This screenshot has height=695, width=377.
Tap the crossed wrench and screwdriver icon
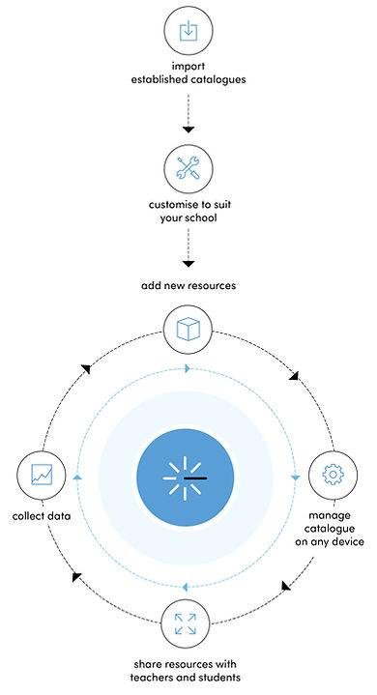coord(188,168)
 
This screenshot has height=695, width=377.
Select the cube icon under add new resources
coord(188,330)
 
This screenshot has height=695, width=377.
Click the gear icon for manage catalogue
coord(333,475)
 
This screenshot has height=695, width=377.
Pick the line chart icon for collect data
coord(42,475)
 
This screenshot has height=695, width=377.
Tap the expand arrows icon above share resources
coord(186,623)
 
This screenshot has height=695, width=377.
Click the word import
coord(188,67)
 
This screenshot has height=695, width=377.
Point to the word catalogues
coord(217,80)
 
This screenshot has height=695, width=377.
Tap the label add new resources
coord(188,285)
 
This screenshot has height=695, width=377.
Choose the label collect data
coord(42,516)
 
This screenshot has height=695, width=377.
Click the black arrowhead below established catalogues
coord(188,130)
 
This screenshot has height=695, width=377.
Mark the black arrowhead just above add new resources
coord(188,264)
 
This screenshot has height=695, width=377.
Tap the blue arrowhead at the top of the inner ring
coord(188,368)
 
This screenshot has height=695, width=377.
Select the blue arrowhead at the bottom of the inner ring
coord(186,588)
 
